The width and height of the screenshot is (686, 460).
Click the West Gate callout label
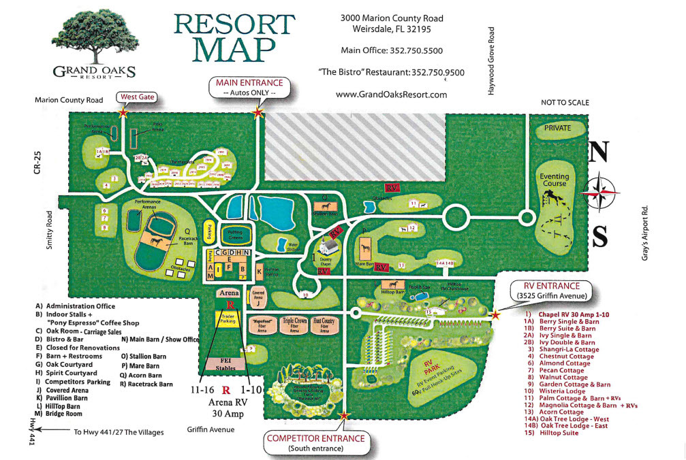(138, 97)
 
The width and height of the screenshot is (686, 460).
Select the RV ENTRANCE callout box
(548, 291)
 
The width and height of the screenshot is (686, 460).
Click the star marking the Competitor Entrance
(344, 415)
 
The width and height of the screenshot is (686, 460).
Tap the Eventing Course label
(555, 180)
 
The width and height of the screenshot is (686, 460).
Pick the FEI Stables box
(228, 364)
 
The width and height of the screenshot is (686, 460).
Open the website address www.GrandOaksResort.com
(391, 95)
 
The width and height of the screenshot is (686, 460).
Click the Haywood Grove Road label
(491, 61)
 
